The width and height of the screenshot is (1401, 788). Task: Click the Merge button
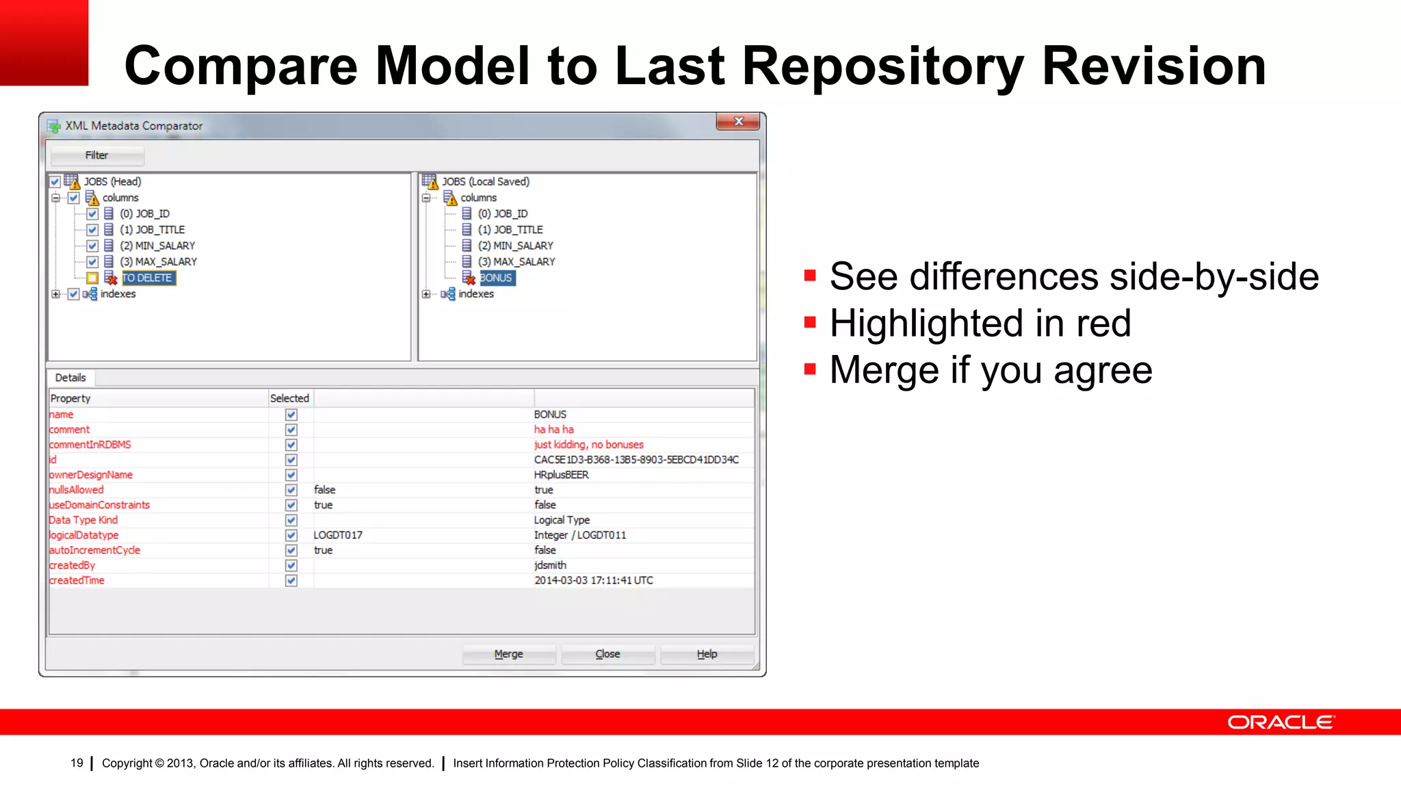[x=508, y=654]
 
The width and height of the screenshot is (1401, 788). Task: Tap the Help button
[x=707, y=654]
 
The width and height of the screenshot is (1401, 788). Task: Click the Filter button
[x=96, y=155]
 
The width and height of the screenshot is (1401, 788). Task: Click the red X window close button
[x=738, y=122]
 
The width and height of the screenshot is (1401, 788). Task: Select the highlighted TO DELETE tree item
[x=148, y=278]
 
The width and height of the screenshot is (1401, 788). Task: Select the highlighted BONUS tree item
[x=497, y=278]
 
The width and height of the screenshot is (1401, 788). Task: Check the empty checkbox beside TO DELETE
[x=92, y=278]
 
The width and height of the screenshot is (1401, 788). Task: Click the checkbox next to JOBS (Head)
[x=55, y=182]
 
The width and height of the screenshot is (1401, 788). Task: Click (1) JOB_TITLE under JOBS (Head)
[x=152, y=230]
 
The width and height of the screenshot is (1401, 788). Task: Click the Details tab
[x=70, y=378]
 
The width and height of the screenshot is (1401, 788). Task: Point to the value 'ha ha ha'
[x=553, y=430]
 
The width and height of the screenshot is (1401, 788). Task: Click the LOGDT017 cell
[x=338, y=535]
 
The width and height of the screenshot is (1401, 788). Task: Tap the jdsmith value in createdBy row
[x=550, y=565]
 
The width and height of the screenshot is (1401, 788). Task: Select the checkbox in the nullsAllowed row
[x=291, y=490]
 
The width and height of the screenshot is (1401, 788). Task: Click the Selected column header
[x=289, y=398]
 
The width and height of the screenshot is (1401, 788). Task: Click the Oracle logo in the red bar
[x=1280, y=722]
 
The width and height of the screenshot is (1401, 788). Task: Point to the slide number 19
[x=77, y=763]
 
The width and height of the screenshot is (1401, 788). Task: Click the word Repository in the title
[x=883, y=66]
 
